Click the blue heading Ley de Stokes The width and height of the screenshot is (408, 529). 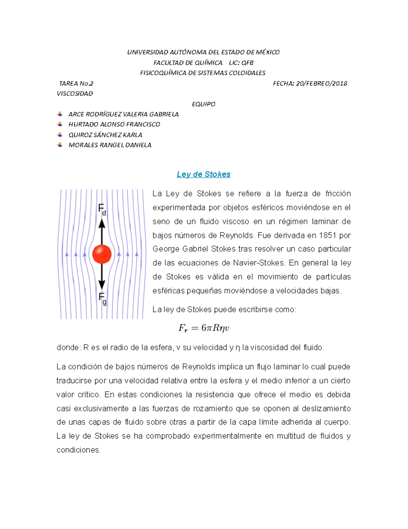(x=203, y=174)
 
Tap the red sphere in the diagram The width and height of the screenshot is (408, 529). (x=102, y=254)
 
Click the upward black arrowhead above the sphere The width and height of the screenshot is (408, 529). (x=102, y=224)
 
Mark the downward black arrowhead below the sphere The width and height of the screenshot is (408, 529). (x=102, y=284)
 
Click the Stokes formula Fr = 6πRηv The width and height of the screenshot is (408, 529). (x=204, y=328)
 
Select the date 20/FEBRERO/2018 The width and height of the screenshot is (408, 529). (x=321, y=83)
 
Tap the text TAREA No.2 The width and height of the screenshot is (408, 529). (x=76, y=83)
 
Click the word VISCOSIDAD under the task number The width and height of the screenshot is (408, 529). (x=74, y=94)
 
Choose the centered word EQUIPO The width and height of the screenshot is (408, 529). (x=203, y=104)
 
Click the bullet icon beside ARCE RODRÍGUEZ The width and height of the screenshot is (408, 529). (x=60, y=114)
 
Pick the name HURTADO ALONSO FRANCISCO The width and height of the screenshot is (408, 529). (x=114, y=124)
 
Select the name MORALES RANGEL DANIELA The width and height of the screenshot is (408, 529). (x=110, y=145)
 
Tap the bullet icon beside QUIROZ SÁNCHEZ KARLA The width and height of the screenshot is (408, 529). (x=60, y=135)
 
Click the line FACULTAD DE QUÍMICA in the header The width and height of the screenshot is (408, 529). (x=188, y=63)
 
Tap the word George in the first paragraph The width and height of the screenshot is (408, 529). (x=166, y=249)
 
